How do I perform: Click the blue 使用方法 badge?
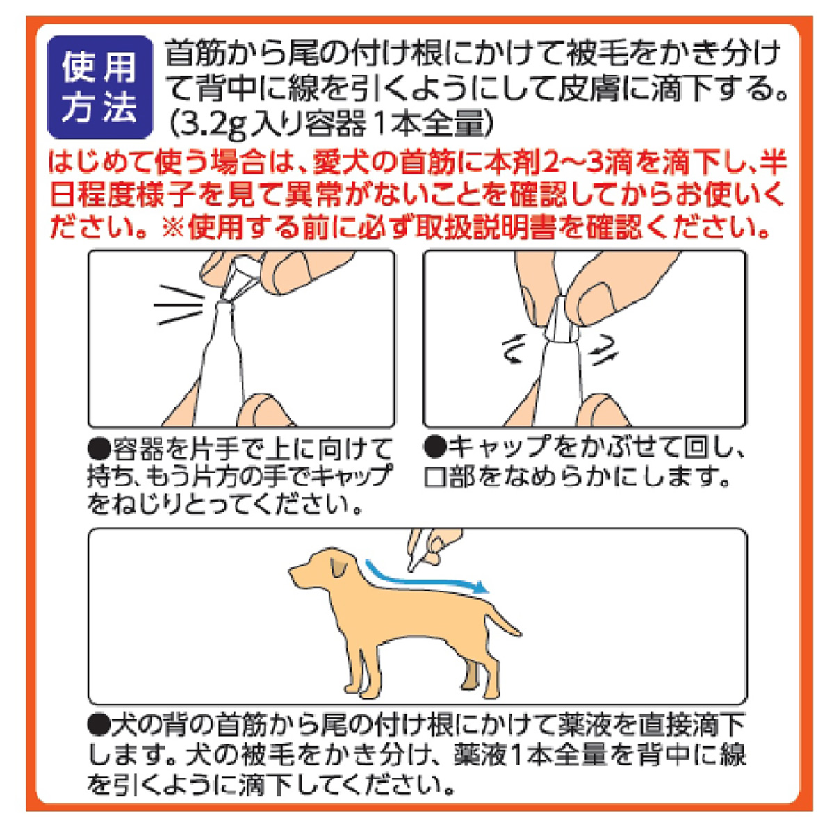(99, 88)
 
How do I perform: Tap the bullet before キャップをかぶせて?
(435, 448)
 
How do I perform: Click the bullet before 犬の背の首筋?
(99, 726)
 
